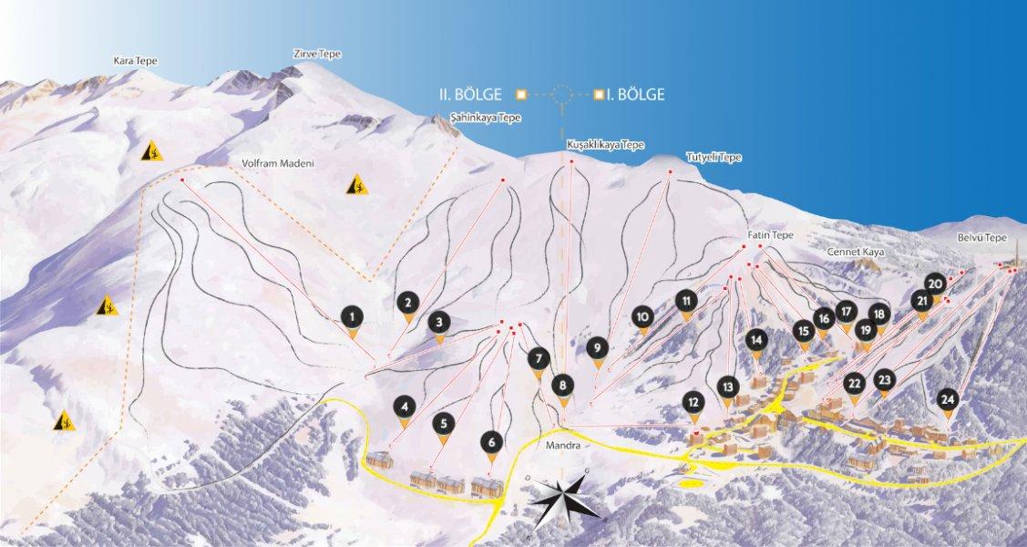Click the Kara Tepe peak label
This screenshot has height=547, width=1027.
click(x=136, y=61)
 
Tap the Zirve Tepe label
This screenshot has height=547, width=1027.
click(x=317, y=54)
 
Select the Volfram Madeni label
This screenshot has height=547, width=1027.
click(x=278, y=163)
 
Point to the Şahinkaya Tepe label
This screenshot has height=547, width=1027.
click(x=486, y=118)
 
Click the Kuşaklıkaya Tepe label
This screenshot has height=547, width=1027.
click(x=605, y=145)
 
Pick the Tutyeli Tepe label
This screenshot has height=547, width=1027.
click(x=714, y=157)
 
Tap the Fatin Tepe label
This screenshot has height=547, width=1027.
click(x=771, y=234)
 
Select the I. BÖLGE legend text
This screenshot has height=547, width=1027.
click(x=635, y=93)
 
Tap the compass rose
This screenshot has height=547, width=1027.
click(x=565, y=499)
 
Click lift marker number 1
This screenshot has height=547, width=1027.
click(x=353, y=317)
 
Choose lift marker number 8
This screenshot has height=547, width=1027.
click(x=563, y=386)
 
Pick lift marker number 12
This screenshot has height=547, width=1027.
click(x=694, y=401)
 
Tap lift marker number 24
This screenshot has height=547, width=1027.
click(x=948, y=399)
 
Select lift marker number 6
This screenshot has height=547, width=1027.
click(x=491, y=443)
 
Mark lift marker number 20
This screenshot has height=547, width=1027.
click(x=935, y=283)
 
